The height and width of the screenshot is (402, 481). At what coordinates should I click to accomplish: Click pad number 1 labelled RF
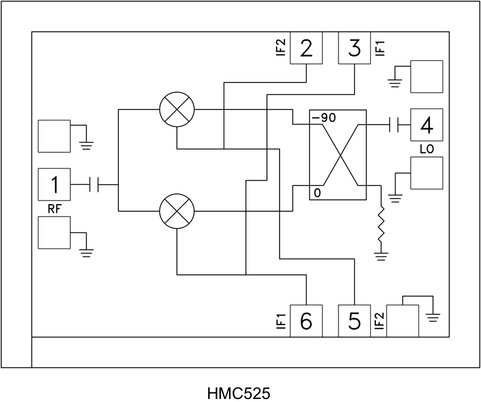tap(54, 184)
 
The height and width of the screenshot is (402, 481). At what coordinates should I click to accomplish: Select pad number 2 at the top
tap(307, 48)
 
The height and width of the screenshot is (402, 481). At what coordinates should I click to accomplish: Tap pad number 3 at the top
tap(355, 48)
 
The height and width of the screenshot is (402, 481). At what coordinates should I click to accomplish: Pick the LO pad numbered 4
tap(427, 125)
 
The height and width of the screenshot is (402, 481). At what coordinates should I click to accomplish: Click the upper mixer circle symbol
tap(177, 110)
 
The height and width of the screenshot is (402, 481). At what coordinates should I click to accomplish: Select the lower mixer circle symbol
tap(177, 212)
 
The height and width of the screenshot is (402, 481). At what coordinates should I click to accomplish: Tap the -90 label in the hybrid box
tap(323, 118)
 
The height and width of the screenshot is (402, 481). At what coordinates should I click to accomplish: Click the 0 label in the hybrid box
tap(317, 193)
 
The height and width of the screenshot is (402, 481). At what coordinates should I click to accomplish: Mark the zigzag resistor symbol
tap(381, 227)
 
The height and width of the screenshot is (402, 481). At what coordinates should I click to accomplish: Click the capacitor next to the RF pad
tap(94, 184)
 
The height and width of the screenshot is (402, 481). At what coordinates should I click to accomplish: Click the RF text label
tap(54, 209)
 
